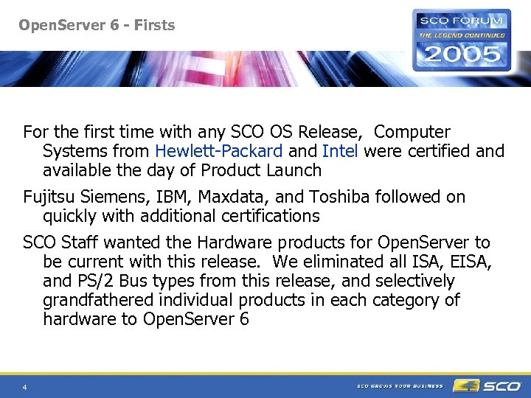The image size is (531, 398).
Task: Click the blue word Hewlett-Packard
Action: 218,151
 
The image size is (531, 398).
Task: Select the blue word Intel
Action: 340,151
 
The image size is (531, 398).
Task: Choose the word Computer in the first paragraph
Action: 412,132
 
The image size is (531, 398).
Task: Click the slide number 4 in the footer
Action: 25,387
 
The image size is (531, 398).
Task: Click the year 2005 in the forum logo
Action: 462,54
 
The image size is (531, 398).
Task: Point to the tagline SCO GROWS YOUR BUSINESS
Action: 400,385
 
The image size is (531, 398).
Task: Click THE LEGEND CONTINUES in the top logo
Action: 462,35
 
